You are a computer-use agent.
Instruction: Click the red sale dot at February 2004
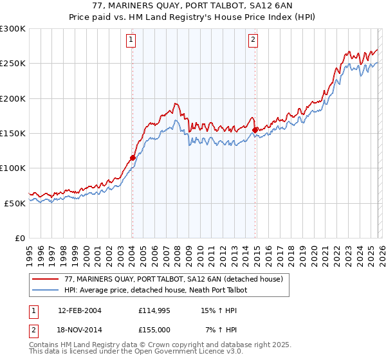pyautogui.click(x=133, y=157)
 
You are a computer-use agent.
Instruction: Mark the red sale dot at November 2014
pyautogui.click(x=255, y=130)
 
